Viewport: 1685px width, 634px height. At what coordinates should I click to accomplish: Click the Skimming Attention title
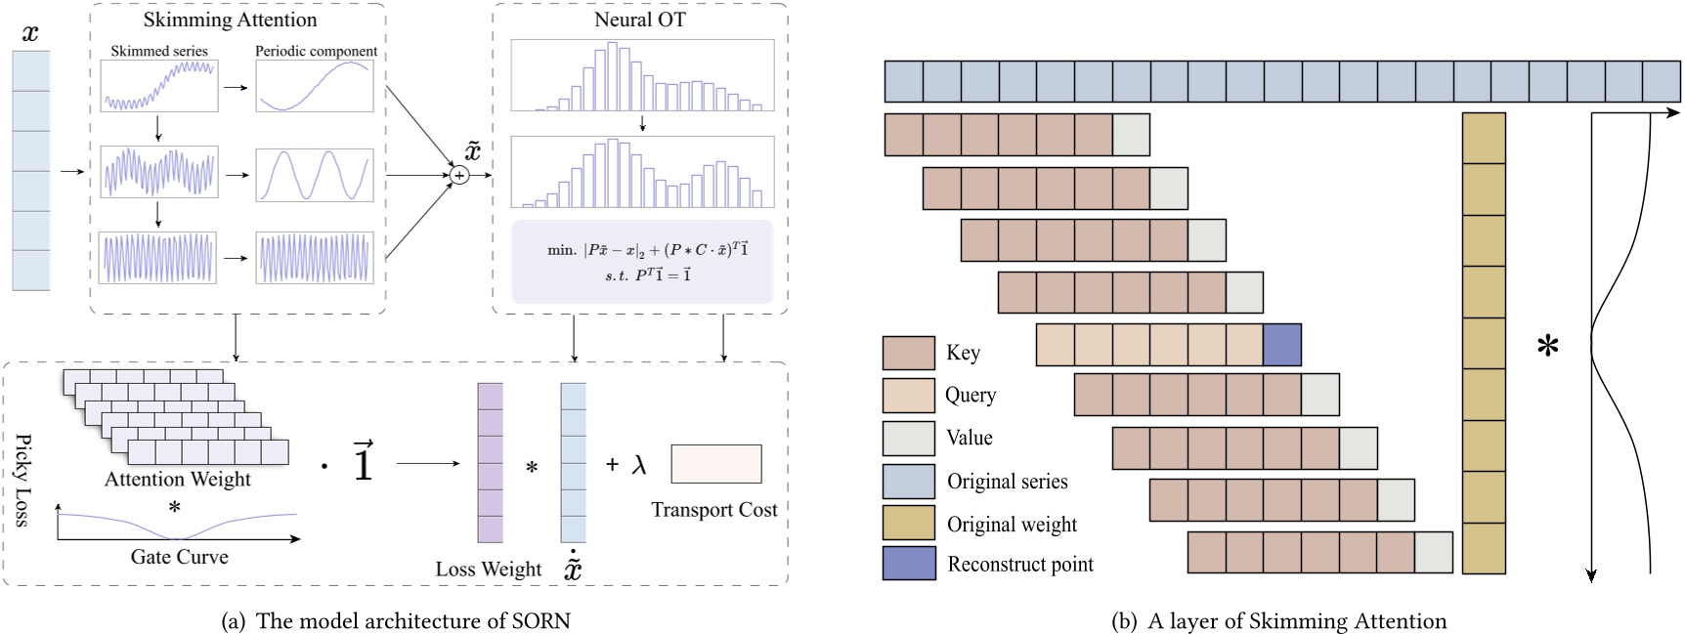[230, 20]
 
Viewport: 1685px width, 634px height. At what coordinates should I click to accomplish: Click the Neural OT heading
[639, 20]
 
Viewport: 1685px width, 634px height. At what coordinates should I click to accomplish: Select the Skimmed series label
[159, 51]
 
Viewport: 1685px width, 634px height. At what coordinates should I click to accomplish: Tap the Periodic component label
[316, 51]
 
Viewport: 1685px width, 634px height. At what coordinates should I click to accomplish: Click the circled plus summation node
[459, 175]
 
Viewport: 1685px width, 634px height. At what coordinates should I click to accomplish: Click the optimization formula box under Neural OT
[641, 261]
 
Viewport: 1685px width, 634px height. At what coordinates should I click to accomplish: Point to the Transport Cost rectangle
[715, 464]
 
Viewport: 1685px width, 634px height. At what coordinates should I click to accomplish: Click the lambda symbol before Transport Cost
[639, 465]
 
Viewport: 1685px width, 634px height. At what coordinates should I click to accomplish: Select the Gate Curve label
[179, 557]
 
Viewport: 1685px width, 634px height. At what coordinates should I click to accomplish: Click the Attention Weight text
[178, 479]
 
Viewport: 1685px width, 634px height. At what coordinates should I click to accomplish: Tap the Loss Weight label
[488, 570]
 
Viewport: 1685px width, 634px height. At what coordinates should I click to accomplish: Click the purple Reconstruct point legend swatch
[908, 564]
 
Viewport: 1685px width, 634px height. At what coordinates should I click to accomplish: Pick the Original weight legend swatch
[908, 523]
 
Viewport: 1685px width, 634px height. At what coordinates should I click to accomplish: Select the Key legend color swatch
[908, 353]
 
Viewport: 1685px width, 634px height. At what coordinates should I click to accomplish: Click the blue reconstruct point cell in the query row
[1281, 345]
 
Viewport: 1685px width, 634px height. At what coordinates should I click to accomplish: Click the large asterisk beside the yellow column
[1547, 347]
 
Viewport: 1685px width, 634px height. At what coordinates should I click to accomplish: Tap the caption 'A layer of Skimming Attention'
[1278, 621]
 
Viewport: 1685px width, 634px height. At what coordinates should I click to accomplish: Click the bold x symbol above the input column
[30, 33]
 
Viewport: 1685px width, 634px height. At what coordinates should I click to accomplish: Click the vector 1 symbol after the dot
[363, 462]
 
